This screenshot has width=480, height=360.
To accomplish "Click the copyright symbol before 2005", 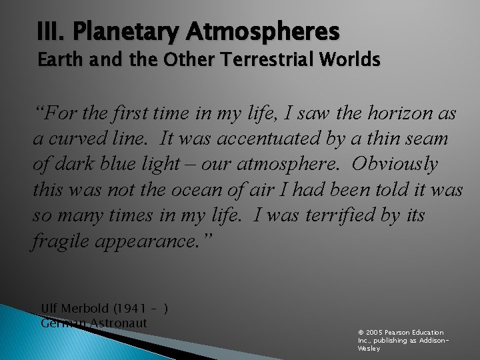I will pos(361,332).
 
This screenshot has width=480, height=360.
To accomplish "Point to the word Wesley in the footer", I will pos(369,348).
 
